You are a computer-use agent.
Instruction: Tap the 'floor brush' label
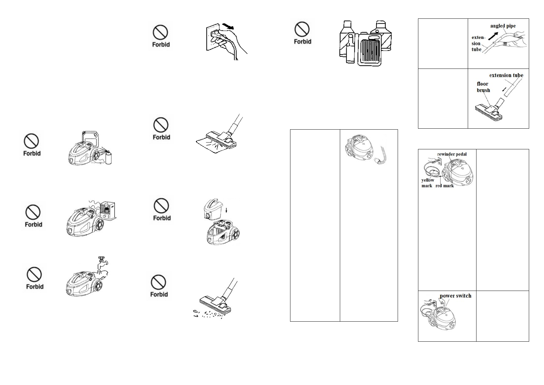(483, 87)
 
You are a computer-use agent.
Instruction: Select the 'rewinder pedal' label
(452, 154)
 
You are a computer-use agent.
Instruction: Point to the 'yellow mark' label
(427, 183)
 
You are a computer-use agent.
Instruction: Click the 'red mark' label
(445, 186)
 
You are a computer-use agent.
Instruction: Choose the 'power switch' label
(455, 296)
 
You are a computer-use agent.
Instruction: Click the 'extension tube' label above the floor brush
(506, 75)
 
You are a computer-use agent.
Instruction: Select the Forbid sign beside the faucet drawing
(35, 278)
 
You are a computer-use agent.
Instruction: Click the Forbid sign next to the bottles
(302, 33)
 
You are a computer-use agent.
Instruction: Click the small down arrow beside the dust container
(227, 210)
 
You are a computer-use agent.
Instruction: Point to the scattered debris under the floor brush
(208, 314)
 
